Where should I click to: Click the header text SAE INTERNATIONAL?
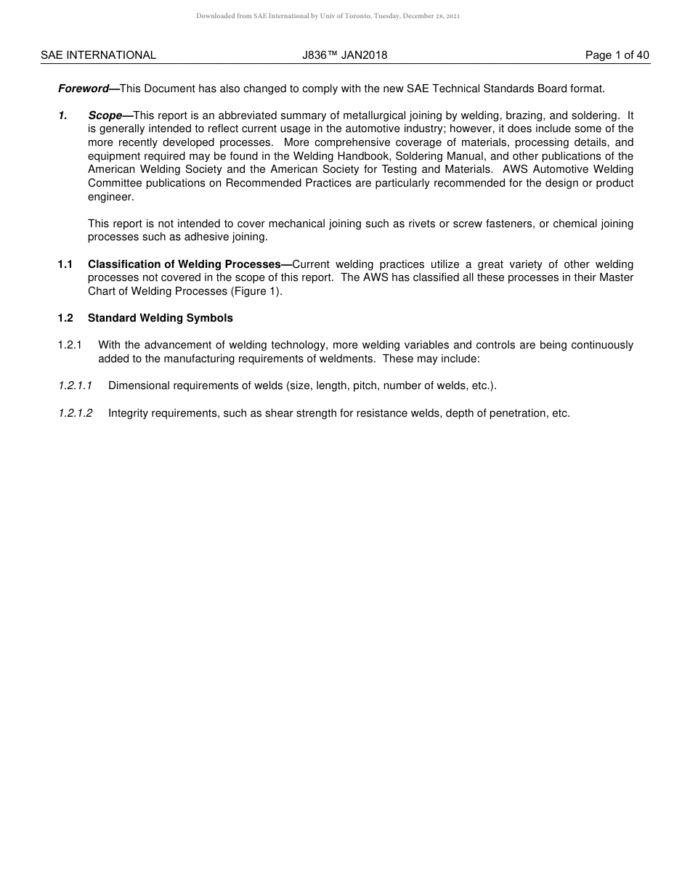[98, 55]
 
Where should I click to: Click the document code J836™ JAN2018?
[345, 55]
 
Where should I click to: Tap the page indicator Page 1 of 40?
[617, 55]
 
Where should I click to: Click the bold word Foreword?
[83, 89]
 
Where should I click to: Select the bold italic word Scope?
[105, 115]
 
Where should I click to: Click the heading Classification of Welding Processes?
[184, 264]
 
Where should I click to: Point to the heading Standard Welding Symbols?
[161, 318]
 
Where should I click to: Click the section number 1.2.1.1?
[76, 386]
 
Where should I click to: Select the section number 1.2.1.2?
[76, 413]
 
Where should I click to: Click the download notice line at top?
[328, 16]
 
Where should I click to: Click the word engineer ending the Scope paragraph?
[110, 197]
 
